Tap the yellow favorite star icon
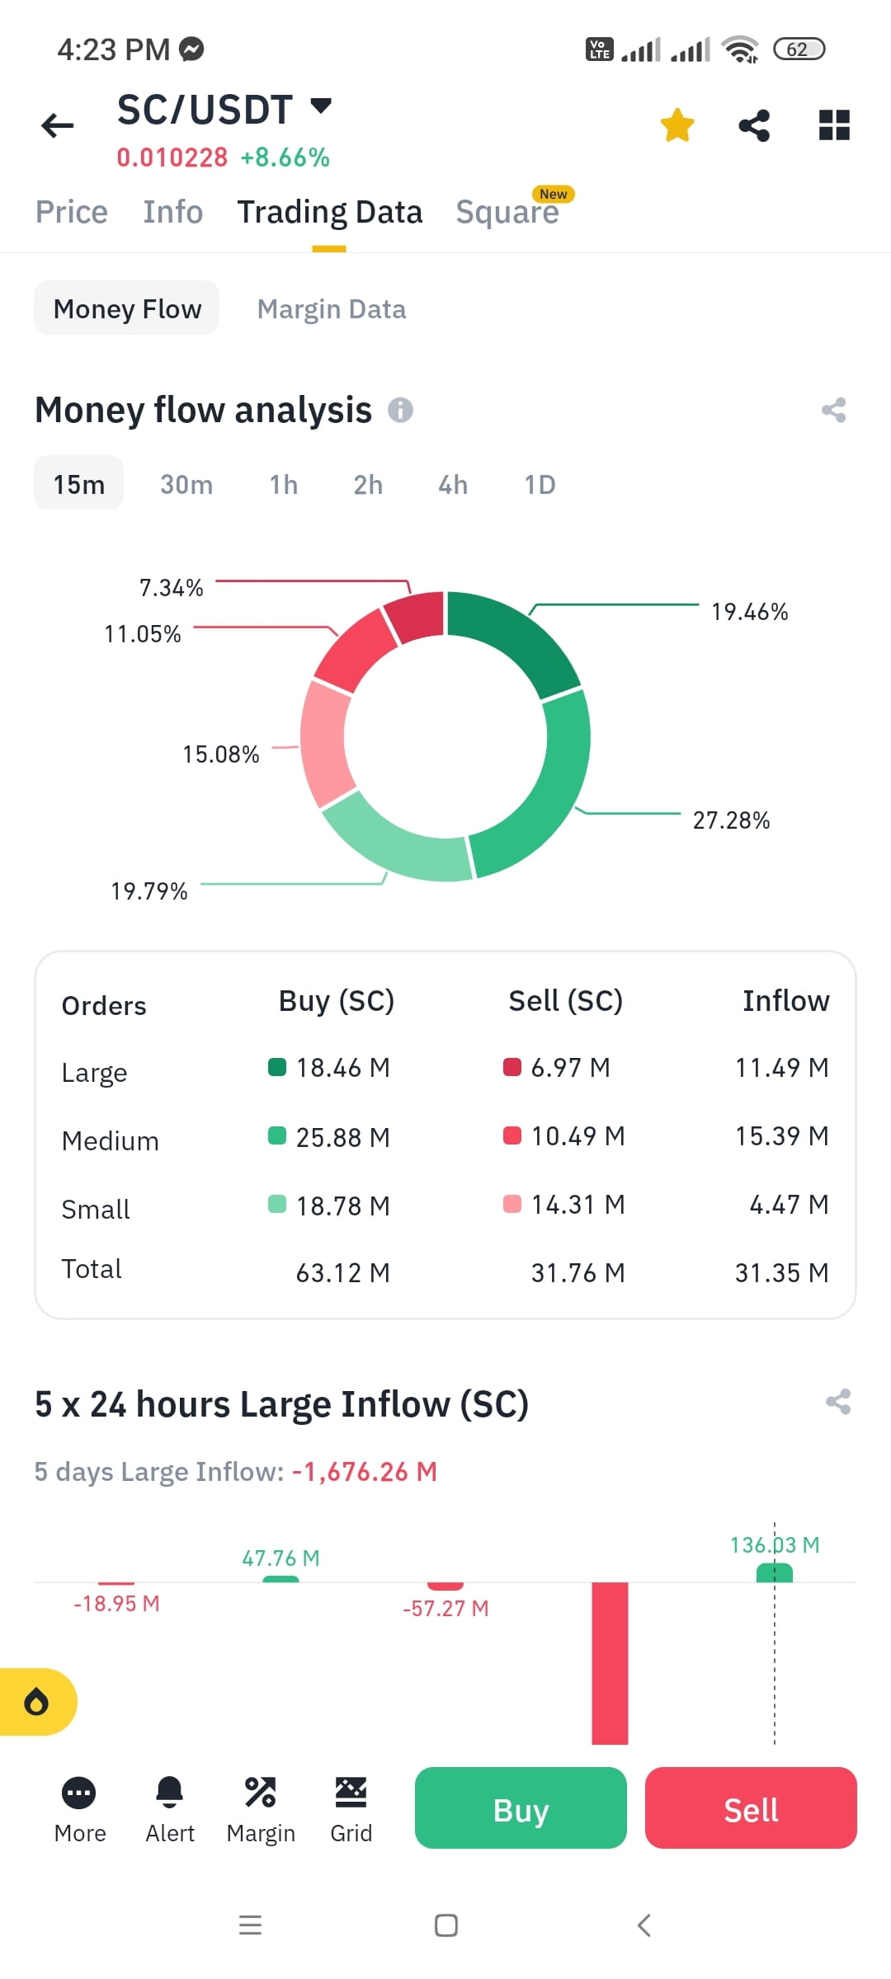[x=677, y=125]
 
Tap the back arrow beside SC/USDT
[x=58, y=125]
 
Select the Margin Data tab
[x=332, y=309]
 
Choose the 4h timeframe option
[x=453, y=484]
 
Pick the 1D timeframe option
[x=540, y=484]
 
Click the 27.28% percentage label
[x=731, y=820]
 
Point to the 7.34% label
[x=171, y=588]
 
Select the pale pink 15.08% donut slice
[x=323, y=742]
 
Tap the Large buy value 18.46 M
[x=342, y=1068]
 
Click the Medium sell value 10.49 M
[x=577, y=1136]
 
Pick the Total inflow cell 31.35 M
[x=781, y=1273]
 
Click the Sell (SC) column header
[x=565, y=1001]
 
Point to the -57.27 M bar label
[x=445, y=1609]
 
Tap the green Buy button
[x=521, y=1807]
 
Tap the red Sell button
[x=751, y=1807]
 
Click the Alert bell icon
[x=170, y=1792]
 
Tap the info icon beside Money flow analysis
[x=401, y=410]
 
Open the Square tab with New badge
[x=507, y=212]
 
